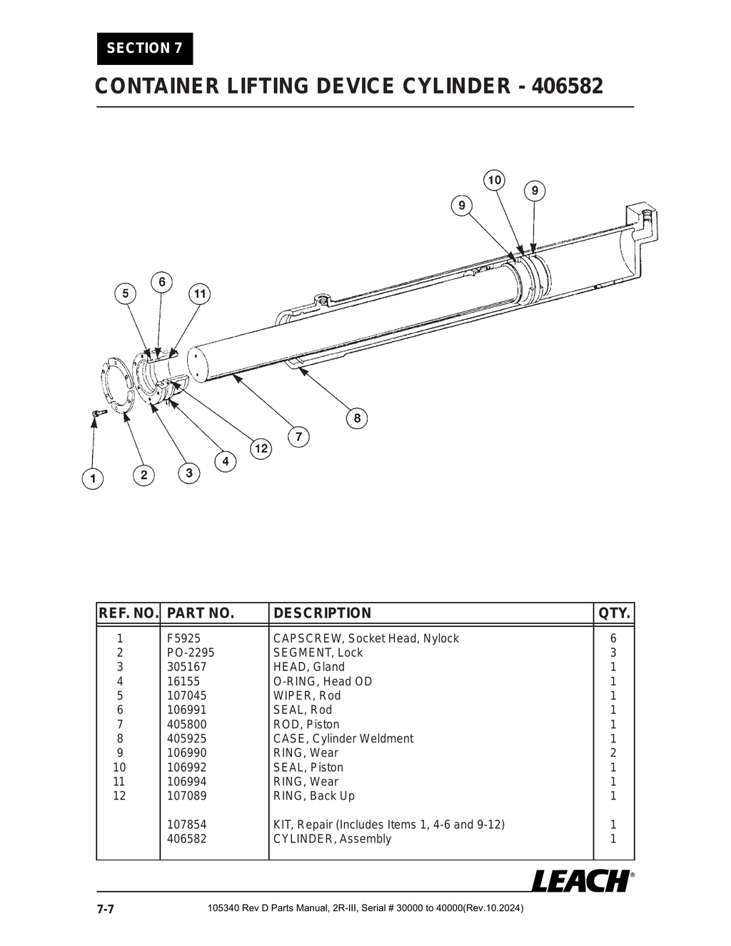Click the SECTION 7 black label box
145,49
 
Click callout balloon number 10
494,180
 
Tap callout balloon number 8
357,418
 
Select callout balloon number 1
92,478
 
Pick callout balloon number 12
261,448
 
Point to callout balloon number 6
162,282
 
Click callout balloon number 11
200,293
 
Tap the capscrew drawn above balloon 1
98,413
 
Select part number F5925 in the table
183,638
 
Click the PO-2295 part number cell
190,653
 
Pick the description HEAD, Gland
308,667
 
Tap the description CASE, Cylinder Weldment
343,738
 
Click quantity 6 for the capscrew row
612,638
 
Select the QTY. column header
614,613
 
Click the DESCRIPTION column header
322,613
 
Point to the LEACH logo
580,881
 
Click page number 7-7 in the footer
106,909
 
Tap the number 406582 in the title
568,86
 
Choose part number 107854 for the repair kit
186,825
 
